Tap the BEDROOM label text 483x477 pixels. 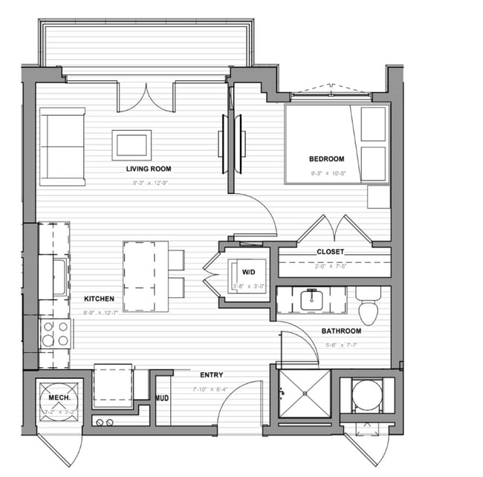click(326, 159)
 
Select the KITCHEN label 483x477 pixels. click(99, 299)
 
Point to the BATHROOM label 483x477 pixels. click(341, 331)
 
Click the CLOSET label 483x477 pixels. click(330, 252)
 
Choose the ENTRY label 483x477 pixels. click(211, 374)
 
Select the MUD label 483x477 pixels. click(162, 399)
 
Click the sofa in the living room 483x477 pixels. click(62, 146)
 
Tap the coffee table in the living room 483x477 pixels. click(132, 145)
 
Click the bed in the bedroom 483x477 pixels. click(336, 143)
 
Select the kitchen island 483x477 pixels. click(146, 276)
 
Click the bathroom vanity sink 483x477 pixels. click(311, 299)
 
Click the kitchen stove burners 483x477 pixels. click(56, 334)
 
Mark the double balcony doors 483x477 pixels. click(146, 97)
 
